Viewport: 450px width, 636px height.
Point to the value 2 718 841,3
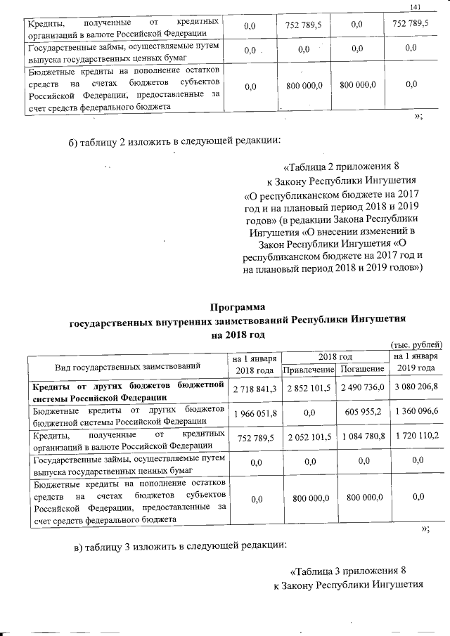coord(255,387)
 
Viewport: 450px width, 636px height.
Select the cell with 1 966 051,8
coord(255,412)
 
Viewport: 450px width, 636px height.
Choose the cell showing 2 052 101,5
coord(306,436)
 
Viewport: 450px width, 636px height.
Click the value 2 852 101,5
coord(306,387)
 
